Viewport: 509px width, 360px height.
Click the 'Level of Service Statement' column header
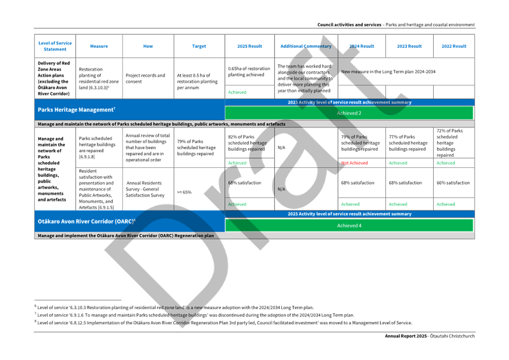pos(54,46)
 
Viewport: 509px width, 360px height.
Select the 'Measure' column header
pos(99,46)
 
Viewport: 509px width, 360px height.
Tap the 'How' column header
pos(148,46)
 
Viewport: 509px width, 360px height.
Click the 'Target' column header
pos(199,46)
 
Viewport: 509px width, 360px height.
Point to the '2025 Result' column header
pos(250,46)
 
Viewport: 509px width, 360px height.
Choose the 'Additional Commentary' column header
pos(306,46)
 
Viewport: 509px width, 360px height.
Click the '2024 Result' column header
pos(361,46)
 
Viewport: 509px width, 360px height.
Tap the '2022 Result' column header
pos(453,46)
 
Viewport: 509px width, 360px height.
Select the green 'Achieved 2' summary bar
pos(349,113)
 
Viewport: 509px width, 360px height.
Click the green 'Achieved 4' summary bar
pos(349,225)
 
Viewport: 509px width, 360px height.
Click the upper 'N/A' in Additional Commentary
pos(282,147)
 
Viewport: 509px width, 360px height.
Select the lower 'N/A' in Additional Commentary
pos(282,189)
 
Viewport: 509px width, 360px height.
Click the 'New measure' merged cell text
pos(388,71)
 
